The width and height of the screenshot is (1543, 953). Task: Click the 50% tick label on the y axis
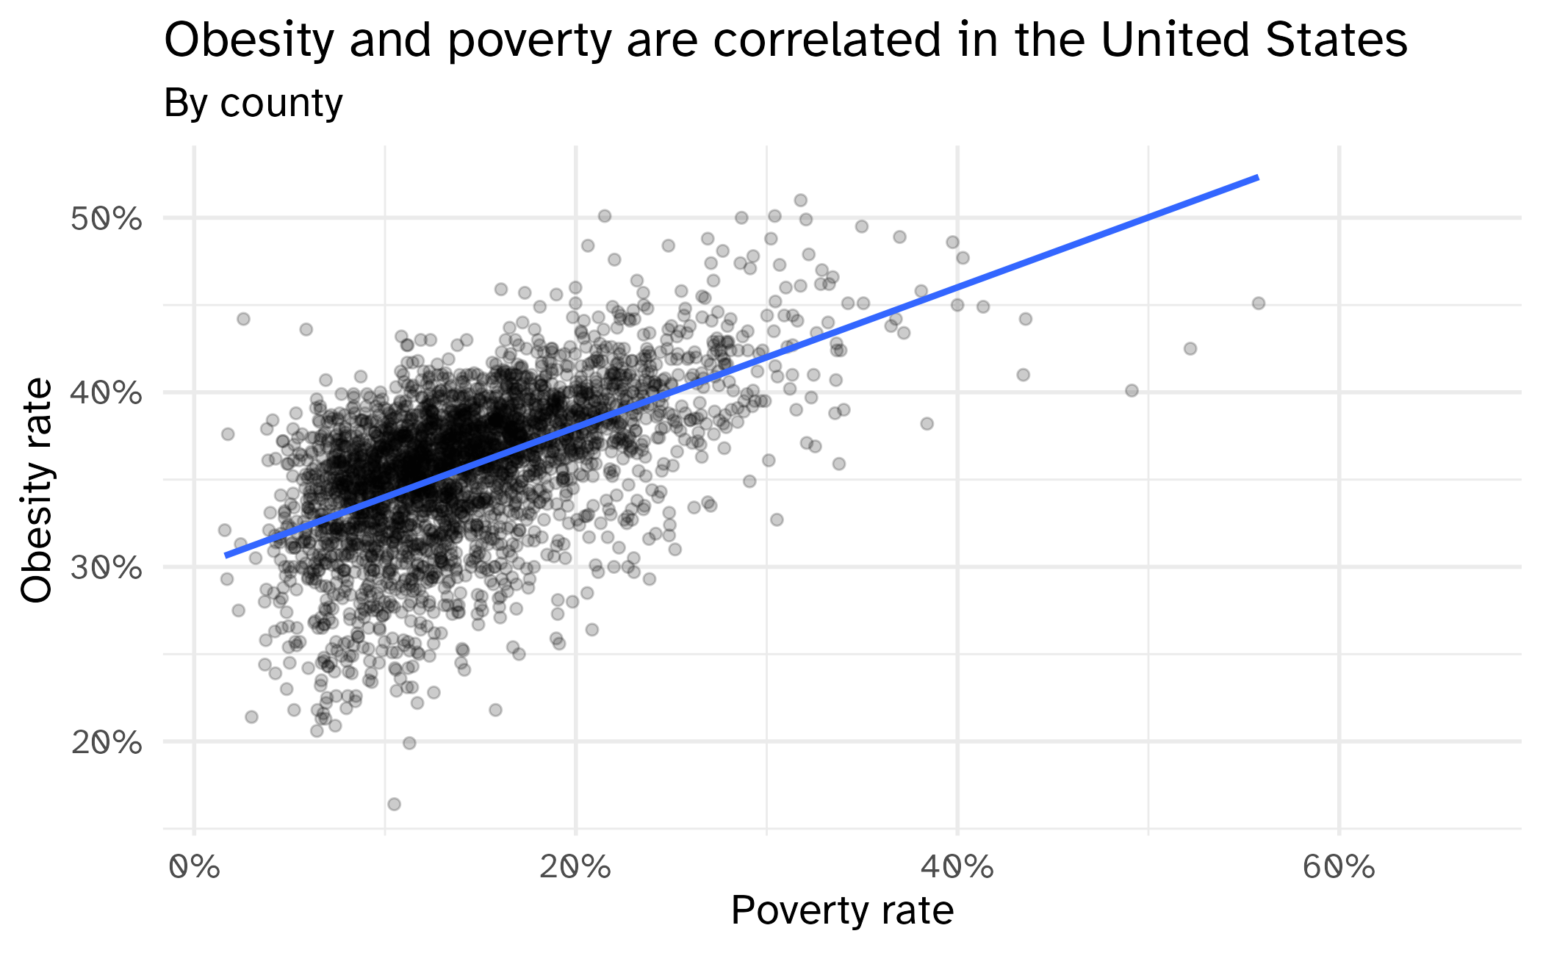[x=106, y=219]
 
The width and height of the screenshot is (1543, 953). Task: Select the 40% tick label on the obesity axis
[x=106, y=394]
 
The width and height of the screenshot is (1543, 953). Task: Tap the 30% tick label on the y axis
[x=106, y=568]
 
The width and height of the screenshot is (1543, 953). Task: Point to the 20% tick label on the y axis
[x=106, y=743]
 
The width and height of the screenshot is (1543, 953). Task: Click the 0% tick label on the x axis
[x=194, y=868]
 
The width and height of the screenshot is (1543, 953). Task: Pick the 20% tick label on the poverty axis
[x=575, y=868]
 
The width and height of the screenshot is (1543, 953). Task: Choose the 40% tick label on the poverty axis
[x=957, y=868]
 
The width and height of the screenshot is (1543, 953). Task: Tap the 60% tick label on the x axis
[x=1339, y=868]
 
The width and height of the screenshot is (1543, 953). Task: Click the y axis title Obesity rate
[x=37, y=490]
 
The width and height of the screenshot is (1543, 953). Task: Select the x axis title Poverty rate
[x=842, y=911]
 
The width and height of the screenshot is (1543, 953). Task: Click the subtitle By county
[x=253, y=103]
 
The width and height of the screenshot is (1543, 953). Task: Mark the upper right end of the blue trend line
[x=1258, y=177]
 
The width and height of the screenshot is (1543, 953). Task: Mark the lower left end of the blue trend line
[x=226, y=555]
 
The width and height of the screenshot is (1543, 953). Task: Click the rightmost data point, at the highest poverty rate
[x=1259, y=303]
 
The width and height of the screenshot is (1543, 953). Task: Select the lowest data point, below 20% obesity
[x=394, y=804]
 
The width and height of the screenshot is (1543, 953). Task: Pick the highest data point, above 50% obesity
[x=801, y=200]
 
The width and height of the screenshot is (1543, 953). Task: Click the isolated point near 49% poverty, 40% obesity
[x=1132, y=390]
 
